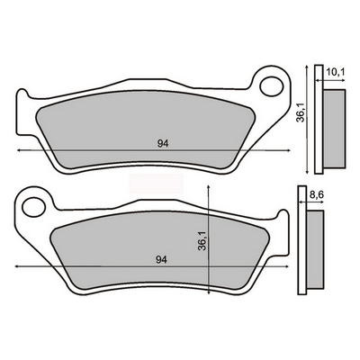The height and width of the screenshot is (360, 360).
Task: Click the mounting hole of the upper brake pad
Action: (272, 87)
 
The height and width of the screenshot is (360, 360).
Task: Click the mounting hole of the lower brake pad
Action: (34, 207)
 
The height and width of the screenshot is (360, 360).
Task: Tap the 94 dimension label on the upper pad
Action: (163, 144)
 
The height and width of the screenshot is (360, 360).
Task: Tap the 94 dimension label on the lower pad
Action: (161, 260)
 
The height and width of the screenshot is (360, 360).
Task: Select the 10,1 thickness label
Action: (336, 72)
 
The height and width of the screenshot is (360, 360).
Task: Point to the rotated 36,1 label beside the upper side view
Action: (301, 112)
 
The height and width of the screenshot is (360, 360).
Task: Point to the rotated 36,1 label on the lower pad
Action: (202, 241)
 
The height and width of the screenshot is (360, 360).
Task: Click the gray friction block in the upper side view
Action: (334, 128)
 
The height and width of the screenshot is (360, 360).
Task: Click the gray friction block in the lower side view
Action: (315, 249)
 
